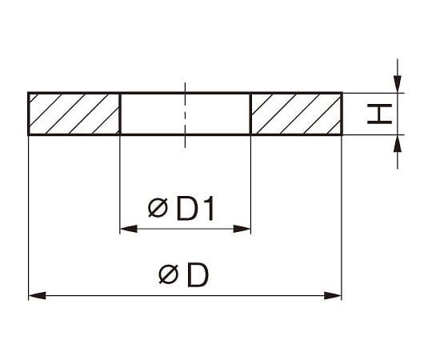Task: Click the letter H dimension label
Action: pyautogui.click(x=380, y=114)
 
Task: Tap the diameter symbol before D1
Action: pyautogui.click(x=158, y=208)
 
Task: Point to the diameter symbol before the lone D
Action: pyautogui.click(x=169, y=274)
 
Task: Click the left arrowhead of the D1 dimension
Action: pyautogui.click(x=129, y=229)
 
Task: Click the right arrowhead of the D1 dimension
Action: pyautogui.click(x=242, y=229)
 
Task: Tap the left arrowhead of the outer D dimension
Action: pyautogui.click(x=37, y=296)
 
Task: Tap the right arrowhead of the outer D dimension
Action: pyautogui.click(x=333, y=296)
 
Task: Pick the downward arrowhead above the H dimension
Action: pyautogui.click(x=398, y=84)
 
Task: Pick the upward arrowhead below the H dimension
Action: pyautogui.click(x=398, y=143)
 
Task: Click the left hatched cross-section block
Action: pyautogui.click(x=74, y=114)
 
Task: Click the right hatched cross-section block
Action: pyautogui.click(x=297, y=114)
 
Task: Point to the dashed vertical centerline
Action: pyautogui.click(x=185, y=115)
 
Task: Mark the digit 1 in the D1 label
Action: pyautogui.click(x=210, y=209)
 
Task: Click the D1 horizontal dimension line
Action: pyautogui.click(x=186, y=229)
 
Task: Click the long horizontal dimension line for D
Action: pyautogui.click(x=185, y=296)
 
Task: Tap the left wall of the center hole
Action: pyautogui.click(x=120, y=114)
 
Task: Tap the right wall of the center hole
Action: pyautogui.click(x=250, y=114)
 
